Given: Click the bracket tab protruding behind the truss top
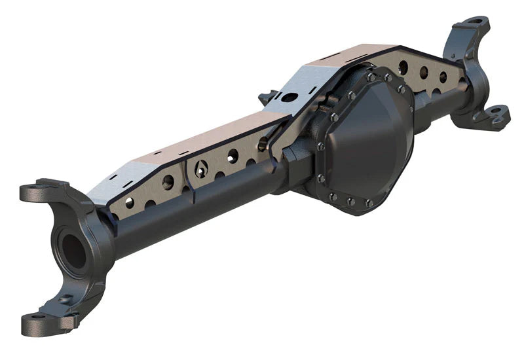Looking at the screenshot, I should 266,98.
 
